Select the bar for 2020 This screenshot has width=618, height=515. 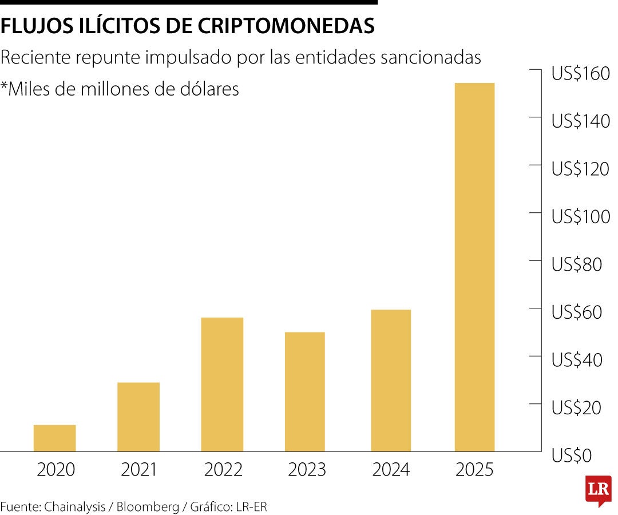pyautogui.click(x=54, y=438)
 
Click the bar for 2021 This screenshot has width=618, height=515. pyautogui.click(x=138, y=417)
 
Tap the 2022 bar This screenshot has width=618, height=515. pyautogui.click(x=222, y=384)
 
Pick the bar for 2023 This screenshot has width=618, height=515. pyautogui.click(x=304, y=391)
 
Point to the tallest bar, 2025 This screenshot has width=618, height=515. pyautogui.click(x=474, y=267)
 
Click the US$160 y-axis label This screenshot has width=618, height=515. pyautogui.click(x=580, y=73)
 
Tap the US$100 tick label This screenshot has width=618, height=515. pyautogui.click(x=580, y=216)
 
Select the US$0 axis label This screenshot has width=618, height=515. pyautogui.click(x=571, y=456)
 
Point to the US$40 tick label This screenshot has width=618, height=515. pyautogui.click(x=577, y=360)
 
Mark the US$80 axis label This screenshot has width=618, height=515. pyautogui.click(x=577, y=264)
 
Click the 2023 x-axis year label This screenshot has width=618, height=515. pyautogui.click(x=307, y=470)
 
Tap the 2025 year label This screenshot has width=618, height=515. pyautogui.click(x=474, y=470)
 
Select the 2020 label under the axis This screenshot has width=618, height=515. pyautogui.click(x=56, y=470)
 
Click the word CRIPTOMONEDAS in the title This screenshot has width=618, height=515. pyautogui.click(x=287, y=26)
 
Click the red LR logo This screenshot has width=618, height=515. pyautogui.click(x=598, y=490)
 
